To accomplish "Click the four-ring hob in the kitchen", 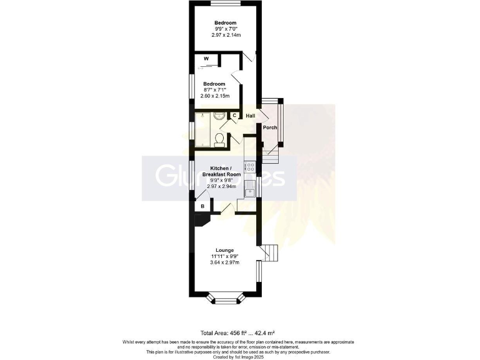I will [250, 167].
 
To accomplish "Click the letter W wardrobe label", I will [206, 59].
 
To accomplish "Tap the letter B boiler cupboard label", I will [202, 206].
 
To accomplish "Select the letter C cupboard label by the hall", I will [234, 116].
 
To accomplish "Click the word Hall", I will [251, 116].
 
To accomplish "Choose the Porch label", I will [270, 127].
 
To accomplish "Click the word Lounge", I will [225, 250].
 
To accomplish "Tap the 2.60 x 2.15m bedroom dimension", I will [214, 96].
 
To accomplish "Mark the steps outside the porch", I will [269, 150].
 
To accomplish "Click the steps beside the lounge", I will [269, 252].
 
